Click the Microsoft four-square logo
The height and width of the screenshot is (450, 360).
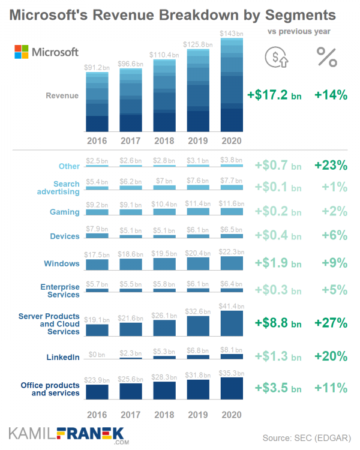coord(22,52)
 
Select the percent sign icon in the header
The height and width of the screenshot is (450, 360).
coord(327,56)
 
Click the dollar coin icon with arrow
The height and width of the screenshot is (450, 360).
coord(276,56)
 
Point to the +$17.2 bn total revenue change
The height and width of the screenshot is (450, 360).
coord(274,95)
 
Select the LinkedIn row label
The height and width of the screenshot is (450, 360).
coord(63,358)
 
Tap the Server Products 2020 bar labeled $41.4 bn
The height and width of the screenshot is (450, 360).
coord(232,323)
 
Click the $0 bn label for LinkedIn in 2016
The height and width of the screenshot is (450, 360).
coord(97,349)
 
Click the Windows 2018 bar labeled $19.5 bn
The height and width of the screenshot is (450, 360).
coord(164,263)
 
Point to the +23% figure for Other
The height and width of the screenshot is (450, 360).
coord(330,165)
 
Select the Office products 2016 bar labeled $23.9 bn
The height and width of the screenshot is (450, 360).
coord(97,391)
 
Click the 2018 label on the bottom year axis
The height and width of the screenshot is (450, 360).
coord(164,414)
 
